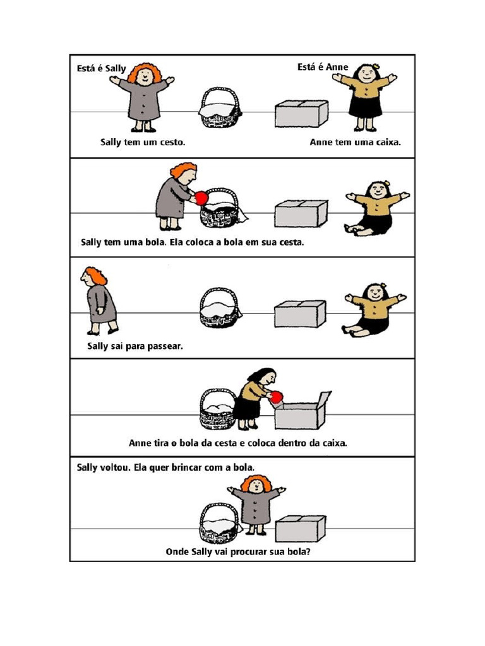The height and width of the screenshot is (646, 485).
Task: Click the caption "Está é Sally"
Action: click(x=102, y=68)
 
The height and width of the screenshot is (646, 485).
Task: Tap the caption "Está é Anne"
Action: click(x=323, y=67)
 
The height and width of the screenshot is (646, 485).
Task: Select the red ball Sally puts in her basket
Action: click(x=201, y=198)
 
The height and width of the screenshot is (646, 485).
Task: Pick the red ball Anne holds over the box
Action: click(x=275, y=397)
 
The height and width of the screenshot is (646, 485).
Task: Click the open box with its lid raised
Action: click(x=302, y=411)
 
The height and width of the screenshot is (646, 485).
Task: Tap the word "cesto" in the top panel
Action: click(x=172, y=143)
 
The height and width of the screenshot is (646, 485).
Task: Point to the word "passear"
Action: click(x=164, y=346)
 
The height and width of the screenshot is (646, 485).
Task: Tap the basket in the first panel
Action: click(x=220, y=109)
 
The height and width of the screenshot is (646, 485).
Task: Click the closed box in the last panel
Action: click(x=301, y=528)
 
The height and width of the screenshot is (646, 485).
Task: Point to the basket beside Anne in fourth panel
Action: click(x=217, y=408)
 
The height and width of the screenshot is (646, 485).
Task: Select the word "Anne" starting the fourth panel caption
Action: click(x=140, y=443)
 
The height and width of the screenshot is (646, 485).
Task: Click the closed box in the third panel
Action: click(x=300, y=314)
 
